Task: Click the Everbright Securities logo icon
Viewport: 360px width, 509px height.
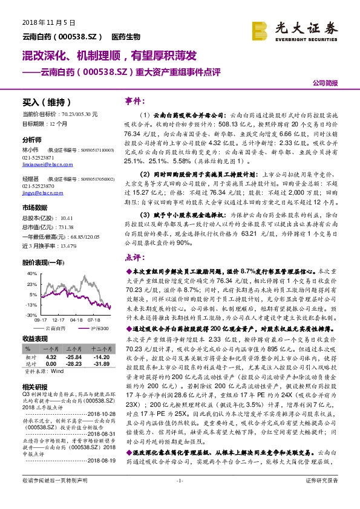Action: point(260,28)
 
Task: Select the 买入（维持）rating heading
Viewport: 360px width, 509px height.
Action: point(46,102)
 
